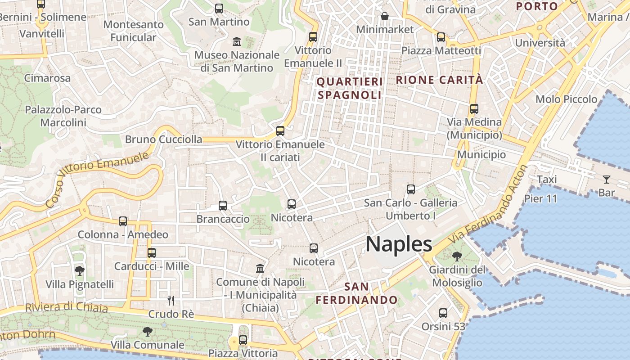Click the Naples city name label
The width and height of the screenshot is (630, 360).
point(399,244)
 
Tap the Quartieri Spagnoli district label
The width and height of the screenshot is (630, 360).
point(350,88)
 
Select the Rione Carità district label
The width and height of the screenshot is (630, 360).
point(439,80)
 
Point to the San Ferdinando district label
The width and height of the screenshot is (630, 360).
point(356,293)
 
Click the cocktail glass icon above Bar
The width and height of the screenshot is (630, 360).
point(607,180)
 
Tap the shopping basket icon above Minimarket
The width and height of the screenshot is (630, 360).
point(385,17)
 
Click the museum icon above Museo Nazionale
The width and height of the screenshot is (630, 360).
point(237,42)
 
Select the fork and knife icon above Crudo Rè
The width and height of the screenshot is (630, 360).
point(171,300)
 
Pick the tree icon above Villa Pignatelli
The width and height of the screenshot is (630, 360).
point(80,271)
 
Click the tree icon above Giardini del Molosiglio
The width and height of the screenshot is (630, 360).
point(457,256)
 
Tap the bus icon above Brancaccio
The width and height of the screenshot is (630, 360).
point(223,206)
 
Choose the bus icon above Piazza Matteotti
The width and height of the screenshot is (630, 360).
point(441,37)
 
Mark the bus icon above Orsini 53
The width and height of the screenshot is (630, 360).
point(443,313)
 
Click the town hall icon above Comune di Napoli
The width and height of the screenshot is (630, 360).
point(260,269)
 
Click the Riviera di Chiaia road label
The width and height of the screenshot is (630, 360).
point(67,307)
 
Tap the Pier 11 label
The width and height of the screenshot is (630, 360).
point(540,198)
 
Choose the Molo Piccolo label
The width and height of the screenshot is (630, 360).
point(567,99)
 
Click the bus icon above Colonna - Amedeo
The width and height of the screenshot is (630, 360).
point(123,221)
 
